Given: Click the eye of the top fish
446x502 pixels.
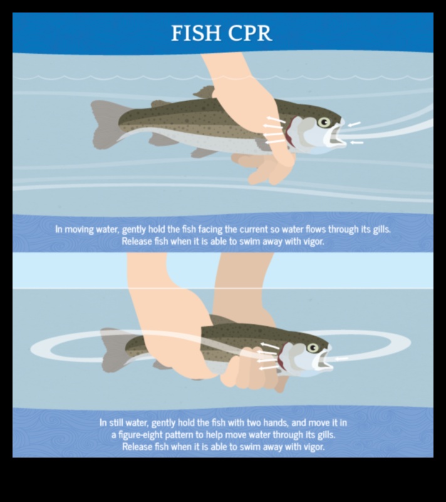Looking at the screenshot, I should pos(324,122).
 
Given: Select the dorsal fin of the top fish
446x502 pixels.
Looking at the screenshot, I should pos(205,93).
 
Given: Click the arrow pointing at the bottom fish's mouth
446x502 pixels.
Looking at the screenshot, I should pos(342,359).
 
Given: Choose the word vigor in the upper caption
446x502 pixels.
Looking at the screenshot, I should pos(311,242).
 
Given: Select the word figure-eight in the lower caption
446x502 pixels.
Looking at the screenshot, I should pos(138,434).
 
